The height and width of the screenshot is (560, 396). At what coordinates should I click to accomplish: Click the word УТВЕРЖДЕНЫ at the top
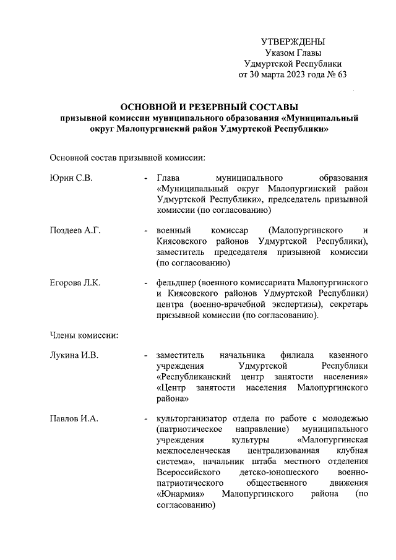click(x=293, y=41)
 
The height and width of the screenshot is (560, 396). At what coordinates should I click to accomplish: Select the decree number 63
click(x=342, y=75)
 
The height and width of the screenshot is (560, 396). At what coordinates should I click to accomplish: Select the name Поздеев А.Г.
click(x=75, y=231)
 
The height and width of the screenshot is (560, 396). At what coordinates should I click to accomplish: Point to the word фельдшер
click(x=177, y=283)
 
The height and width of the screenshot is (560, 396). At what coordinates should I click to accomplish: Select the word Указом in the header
click(x=279, y=53)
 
